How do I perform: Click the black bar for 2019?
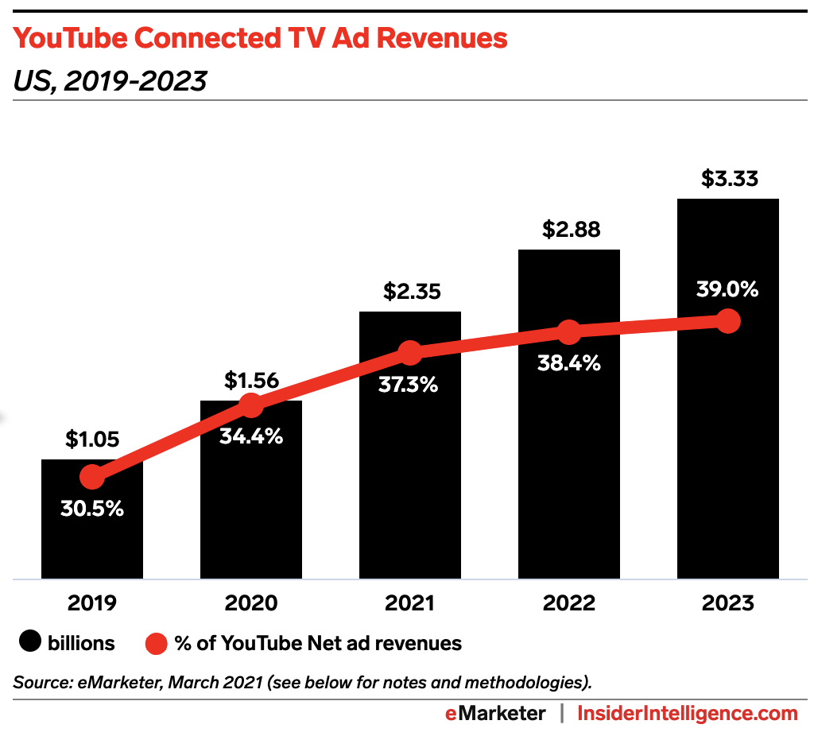92,540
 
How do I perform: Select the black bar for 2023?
727,445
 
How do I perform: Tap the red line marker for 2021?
410,352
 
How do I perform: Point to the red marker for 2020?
251,405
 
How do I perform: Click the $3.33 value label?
727,179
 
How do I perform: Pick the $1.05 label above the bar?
92,439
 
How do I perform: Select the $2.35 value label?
410,292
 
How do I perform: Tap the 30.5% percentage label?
92,508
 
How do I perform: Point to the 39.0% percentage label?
727,289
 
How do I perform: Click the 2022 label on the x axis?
569,603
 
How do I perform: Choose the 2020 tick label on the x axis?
251,603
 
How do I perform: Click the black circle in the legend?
29,642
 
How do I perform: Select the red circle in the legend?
157,642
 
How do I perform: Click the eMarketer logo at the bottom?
494,713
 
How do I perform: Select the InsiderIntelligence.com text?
687,713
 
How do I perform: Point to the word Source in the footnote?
39,682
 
